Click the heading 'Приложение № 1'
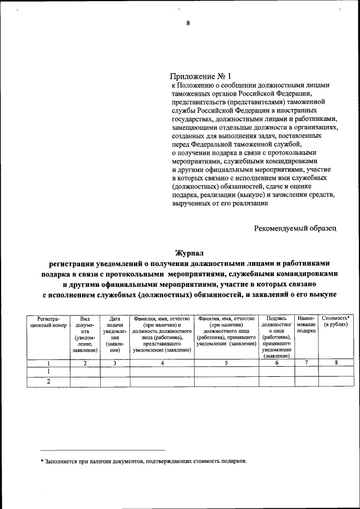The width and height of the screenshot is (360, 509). (x=200, y=76)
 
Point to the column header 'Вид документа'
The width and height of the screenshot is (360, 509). (x=85, y=334)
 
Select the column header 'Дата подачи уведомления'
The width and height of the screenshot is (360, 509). (x=115, y=334)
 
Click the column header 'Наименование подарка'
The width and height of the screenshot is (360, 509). (x=306, y=325)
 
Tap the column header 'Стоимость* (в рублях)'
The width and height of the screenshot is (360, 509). (x=336, y=322)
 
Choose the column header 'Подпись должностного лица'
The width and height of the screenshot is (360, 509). (x=276, y=337)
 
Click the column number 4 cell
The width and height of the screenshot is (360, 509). (x=162, y=363)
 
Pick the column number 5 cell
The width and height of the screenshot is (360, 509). (x=226, y=363)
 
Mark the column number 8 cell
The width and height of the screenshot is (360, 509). (x=336, y=363)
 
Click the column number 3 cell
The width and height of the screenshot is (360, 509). (x=115, y=363)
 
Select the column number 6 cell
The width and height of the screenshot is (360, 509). (x=276, y=363)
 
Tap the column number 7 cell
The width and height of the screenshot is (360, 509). (x=306, y=363)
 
